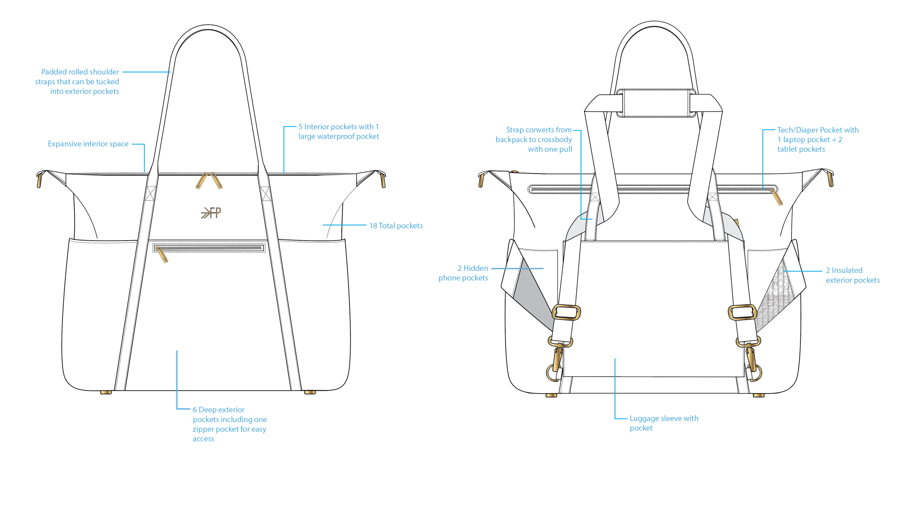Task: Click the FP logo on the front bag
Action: (x=211, y=212)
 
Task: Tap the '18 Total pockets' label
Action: (x=396, y=226)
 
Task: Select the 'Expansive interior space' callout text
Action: (x=88, y=144)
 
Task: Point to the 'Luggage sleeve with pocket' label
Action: (x=664, y=423)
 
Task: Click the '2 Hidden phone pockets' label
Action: (x=463, y=273)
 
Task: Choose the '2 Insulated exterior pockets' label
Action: (x=853, y=275)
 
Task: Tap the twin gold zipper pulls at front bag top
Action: (x=209, y=181)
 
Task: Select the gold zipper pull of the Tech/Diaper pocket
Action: (x=777, y=197)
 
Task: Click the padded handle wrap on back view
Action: (x=656, y=103)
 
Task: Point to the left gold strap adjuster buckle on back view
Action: (x=566, y=312)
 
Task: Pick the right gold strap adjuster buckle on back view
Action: (x=742, y=312)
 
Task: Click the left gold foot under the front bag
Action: (x=106, y=392)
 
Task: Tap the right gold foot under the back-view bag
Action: (x=759, y=395)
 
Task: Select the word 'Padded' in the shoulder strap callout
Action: (x=53, y=72)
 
